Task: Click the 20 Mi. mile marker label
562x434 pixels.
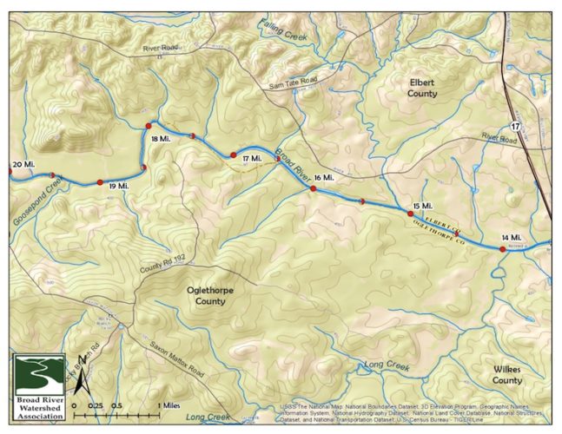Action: pyautogui.click(x=23, y=164)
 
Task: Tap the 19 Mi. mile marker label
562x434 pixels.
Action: pyautogui.click(x=118, y=186)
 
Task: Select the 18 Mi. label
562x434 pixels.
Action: pyautogui.click(x=160, y=139)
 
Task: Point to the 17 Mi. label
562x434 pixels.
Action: pyautogui.click(x=252, y=159)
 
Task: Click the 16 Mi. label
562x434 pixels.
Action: pyautogui.click(x=322, y=177)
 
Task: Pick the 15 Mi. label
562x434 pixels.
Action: pyautogui.click(x=422, y=205)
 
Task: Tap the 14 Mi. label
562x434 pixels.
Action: pyautogui.click(x=511, y=237)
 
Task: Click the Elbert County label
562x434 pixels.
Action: pyautogui.click(x=421, y=87)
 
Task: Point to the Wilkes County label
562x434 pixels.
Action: pyautogui.click(x=506, y=375)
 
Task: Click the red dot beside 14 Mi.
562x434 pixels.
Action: pyautogui.click(x=503, y=249)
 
